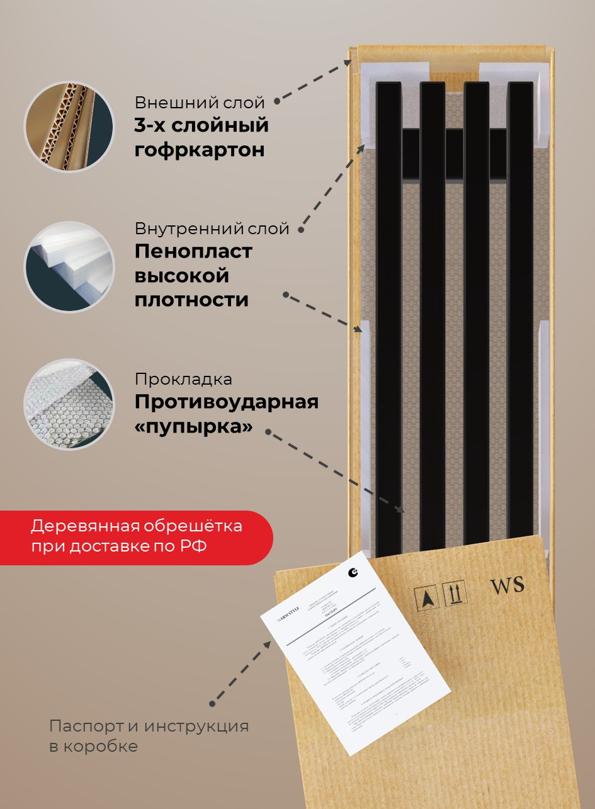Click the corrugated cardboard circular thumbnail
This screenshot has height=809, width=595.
pos(69,127)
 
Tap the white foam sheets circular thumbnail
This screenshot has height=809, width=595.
pos(69,266)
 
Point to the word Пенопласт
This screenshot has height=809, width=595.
pos(193,251)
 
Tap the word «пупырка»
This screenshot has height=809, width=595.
pos(194,426)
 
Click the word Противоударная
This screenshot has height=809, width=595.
pos(227,402)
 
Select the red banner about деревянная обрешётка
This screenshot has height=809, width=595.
pos(136,536)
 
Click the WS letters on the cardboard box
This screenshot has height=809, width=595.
pos(507,586)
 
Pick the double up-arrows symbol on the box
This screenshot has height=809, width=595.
pos(455,593)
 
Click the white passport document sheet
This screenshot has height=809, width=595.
pos(356,652)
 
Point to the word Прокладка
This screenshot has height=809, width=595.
pos(183,380)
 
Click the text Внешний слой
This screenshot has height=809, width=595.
pos(199,103)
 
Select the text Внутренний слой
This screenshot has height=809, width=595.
pos(212,229)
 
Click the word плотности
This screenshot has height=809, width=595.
pos(191,300)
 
